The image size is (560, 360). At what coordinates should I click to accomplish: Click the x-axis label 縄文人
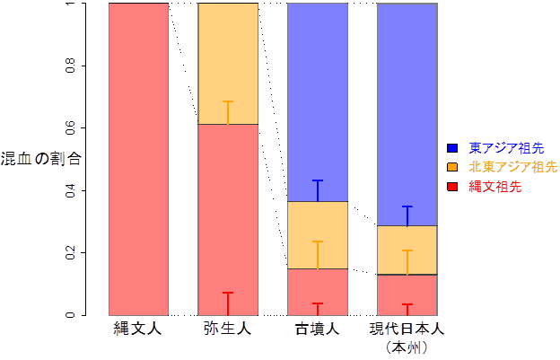pyautogui.click(x=137, y=329)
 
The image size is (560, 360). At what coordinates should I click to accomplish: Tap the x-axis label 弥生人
pyautogui.click(x=227, y=329)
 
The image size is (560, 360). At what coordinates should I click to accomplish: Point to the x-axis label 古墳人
pyautogui.click(x=317, y=329)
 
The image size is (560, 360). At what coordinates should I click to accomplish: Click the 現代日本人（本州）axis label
pyautogui.click(x=407, y=336)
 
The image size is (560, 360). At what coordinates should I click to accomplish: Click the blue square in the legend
pyautogui.click(x=453, y=147)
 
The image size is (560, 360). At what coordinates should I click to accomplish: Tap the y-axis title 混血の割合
pyautogui.click(x=41, y=160)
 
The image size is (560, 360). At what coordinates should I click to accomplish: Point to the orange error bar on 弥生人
pyautogui.click(x=228, y=112)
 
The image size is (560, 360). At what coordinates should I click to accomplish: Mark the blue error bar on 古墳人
pyautogui.click(x=318, y=190)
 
